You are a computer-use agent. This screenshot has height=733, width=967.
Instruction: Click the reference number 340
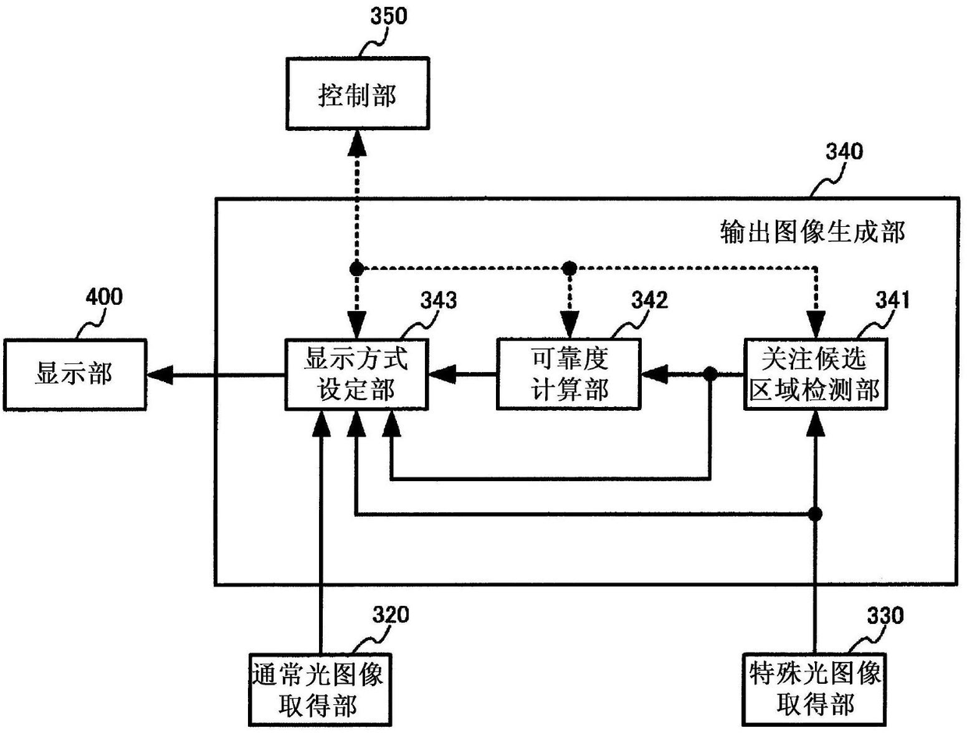pos(845,150)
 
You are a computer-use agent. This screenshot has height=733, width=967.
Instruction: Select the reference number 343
pos(439,302)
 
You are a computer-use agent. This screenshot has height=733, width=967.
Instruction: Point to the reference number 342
pos(650,301)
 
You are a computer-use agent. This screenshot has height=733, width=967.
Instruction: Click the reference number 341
pos(891,301)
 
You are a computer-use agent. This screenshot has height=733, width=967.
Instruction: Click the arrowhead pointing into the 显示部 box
pos(159,376)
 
